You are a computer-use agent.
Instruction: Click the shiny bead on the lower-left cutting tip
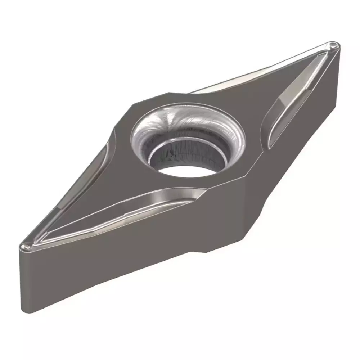[25, 247]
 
